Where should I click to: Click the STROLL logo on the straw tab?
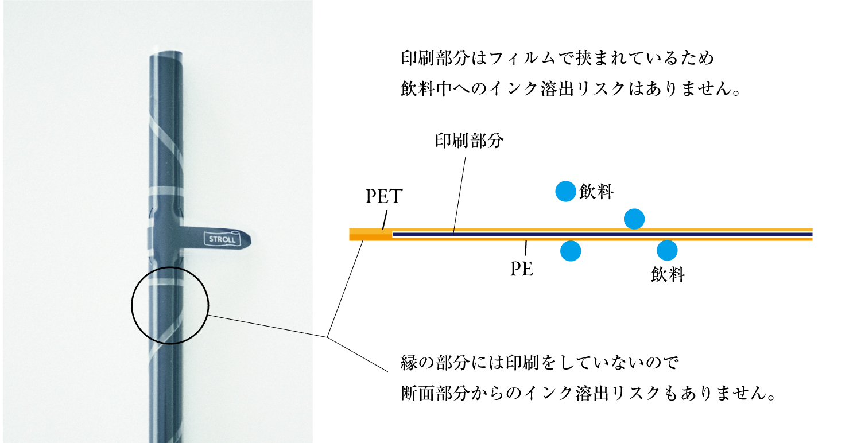click(x=222, y=239)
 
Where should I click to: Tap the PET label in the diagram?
click(x=384, y=197)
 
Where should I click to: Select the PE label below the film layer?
click(x=522, y=269)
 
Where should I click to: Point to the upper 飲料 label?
click(x=596, y=192)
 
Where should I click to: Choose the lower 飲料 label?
click(x=668, y=275)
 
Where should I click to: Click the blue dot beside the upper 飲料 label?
click(x=565, y=191)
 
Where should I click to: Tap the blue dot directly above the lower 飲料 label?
click(x=667, y=250)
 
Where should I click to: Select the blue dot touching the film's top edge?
click(x=634, y=219)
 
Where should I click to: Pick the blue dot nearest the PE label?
click(x=571, y=251)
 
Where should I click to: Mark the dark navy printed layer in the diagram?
click(x=603, y=234)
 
